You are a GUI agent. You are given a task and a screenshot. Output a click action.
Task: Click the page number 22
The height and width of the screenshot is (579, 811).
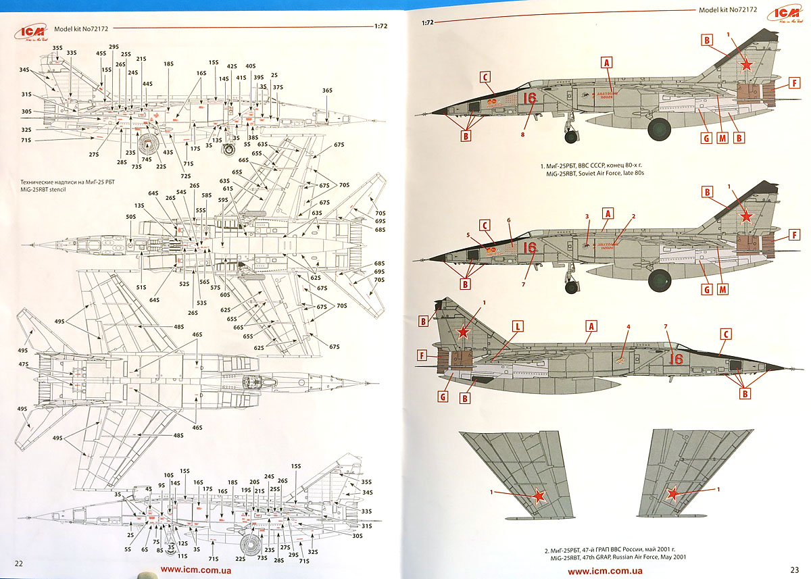19,563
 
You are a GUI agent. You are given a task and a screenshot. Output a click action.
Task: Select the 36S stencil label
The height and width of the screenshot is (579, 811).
327,91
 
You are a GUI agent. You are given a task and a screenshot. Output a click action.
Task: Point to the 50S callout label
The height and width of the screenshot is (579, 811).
131,217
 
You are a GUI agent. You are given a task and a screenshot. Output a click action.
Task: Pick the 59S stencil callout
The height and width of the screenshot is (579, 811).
223,200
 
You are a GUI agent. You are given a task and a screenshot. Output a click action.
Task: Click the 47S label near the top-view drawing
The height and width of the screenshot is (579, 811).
24,364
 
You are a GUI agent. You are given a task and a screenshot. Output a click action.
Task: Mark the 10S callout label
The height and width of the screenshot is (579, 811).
169,476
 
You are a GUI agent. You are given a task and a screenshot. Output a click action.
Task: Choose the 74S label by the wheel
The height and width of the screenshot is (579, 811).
146,159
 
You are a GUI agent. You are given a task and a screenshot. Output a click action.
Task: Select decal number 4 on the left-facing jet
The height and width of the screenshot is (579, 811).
628,327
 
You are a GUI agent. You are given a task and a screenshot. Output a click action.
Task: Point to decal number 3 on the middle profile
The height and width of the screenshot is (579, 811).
587,216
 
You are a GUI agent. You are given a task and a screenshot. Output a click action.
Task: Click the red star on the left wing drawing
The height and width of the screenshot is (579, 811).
538,497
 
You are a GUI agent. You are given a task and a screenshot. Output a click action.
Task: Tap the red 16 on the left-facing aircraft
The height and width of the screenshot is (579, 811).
676,359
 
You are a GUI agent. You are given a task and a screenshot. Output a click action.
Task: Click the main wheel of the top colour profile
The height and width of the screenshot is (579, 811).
660,129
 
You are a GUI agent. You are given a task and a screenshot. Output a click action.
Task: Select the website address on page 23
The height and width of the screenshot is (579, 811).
605,572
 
